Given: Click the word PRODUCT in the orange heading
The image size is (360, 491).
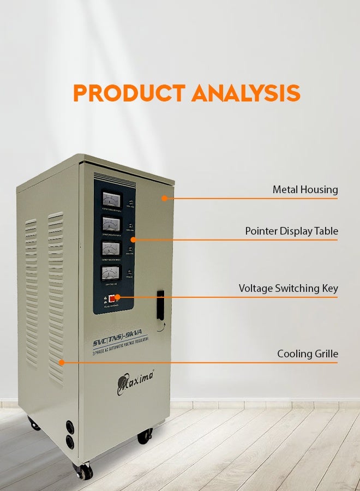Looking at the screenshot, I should (129, 93).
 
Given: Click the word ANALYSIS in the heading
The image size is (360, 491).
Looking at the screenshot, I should (245, 93).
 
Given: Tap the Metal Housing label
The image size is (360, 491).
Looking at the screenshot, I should (305, 190).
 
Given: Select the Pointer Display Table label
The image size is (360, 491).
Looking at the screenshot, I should (291, 231).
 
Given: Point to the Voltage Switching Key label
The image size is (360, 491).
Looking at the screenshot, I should (288, 289).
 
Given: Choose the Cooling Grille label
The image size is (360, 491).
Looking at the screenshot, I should (307, 354).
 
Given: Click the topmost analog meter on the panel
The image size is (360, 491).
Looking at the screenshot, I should (111, 200).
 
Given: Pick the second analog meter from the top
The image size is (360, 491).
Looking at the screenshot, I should (111, 224).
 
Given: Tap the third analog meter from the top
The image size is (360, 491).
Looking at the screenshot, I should (111, 249).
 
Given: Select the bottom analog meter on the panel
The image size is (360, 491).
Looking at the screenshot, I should (111, 273).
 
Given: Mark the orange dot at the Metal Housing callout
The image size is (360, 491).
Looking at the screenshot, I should (164, 199).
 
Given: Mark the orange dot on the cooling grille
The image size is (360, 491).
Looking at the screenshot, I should (62, 362).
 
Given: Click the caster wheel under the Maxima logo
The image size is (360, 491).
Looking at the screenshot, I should (145, 436).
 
